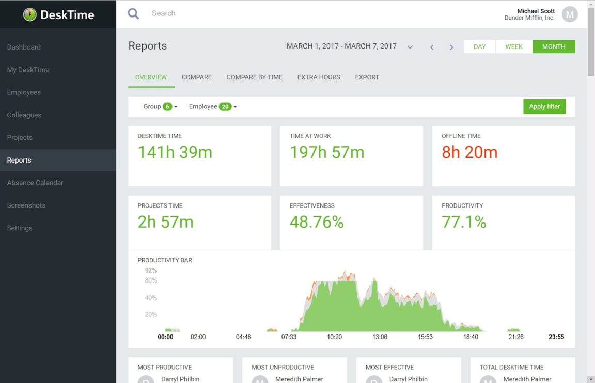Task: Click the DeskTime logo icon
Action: (30, 14)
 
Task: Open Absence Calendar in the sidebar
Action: (35, 183)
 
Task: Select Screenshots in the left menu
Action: (26, 205)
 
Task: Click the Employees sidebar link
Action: (24, 92)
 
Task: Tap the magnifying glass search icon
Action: (133, 13)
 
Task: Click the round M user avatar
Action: (569, 14)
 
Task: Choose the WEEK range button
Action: (514, 46)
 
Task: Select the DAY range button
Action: (479, 46)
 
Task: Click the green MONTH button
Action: (554, 46)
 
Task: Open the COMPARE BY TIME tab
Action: (255, 77)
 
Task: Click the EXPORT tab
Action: (367, 77)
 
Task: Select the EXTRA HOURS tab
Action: (319, 77)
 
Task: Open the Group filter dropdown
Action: (160, 107)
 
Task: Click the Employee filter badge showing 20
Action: (225, 107)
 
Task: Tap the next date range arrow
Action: (451, 47)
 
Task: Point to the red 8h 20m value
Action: (469, 152)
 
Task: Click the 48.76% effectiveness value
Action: (317, 222)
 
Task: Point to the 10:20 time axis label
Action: (334, 337)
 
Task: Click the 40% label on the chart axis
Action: (151, 298)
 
